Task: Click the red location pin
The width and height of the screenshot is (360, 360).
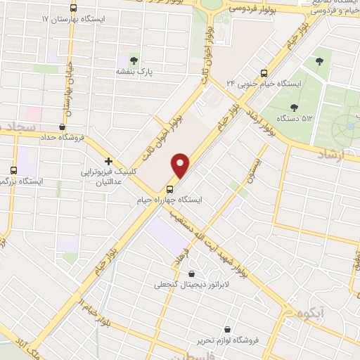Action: coord(181,165)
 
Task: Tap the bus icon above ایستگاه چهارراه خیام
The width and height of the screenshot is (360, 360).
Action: coord(169,189)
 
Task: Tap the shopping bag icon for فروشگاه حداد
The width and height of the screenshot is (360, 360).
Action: coord(63,127)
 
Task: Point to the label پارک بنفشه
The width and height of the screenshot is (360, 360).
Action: coord(135,72)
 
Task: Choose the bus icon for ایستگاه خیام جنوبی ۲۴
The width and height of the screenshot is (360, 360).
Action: coord(264,72)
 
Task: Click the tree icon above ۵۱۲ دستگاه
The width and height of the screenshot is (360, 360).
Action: coord(293,108)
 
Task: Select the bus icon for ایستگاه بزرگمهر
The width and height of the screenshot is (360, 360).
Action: coord(14,170)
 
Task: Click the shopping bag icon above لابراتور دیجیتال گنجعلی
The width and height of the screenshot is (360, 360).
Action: coord(193,274)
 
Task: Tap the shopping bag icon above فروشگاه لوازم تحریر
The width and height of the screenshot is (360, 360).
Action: coord(227,329)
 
